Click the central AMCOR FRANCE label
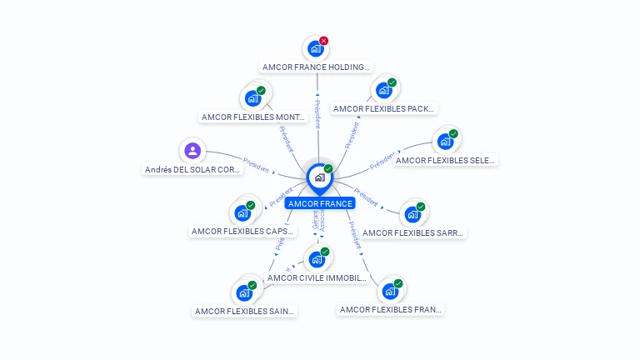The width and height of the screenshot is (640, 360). (320, 203)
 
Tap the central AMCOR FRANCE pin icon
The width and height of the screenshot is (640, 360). (319, 177)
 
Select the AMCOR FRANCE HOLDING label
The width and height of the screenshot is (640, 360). (317, 67)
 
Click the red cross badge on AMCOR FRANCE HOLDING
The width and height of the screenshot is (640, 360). (324, 41)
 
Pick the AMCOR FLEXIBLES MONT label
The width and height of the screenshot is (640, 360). (253, 117)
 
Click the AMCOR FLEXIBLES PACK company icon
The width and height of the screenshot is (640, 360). (383, 90)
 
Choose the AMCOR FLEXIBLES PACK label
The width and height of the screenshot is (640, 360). (383, 108)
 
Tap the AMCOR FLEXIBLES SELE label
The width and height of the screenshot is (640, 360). (445, 160)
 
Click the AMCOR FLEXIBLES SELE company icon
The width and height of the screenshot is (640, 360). (445, 141)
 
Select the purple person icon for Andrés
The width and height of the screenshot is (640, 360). (192, 151)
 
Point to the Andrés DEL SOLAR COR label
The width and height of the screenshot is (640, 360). (192, 169)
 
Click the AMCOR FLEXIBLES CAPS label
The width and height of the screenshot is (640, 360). (242, 231)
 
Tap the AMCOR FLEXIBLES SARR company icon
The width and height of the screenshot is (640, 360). (412, 214)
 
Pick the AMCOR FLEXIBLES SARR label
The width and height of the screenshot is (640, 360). (412, 233)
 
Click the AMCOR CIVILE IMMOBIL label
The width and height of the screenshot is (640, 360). (317, 277)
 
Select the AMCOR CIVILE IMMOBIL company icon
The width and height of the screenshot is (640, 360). (316, 259)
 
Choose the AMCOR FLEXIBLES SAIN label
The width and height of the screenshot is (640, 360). (244, 311)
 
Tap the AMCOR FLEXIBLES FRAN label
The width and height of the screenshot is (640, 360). (390, 309)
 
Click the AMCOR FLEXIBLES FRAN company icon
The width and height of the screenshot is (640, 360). (390, 292)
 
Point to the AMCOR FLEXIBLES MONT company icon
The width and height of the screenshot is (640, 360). (252, 98)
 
